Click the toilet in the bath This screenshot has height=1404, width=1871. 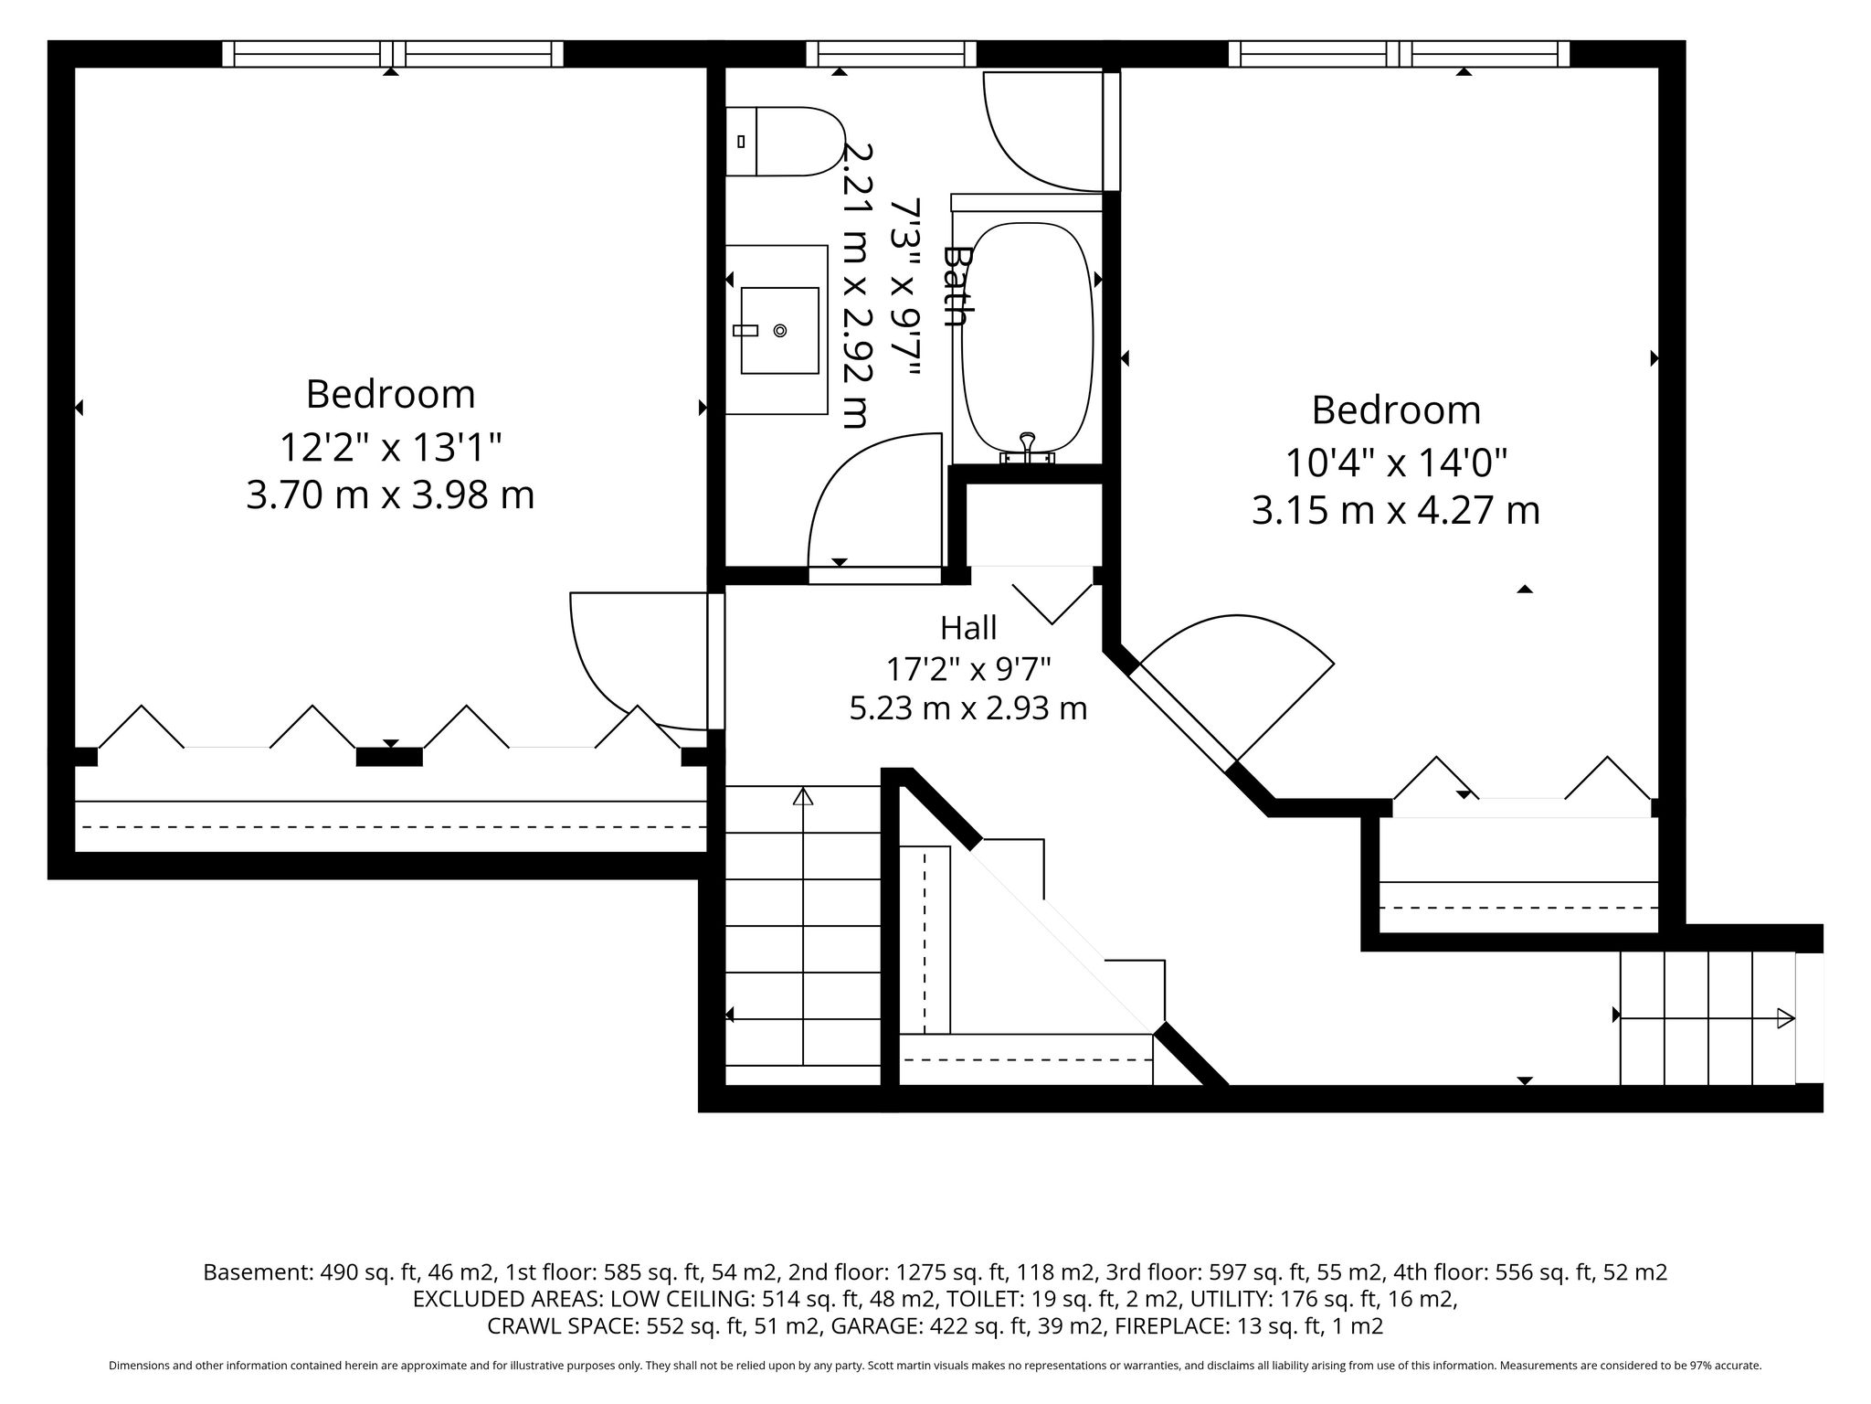(x=784, y=142)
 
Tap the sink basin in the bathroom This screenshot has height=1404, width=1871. (x=779, y=330)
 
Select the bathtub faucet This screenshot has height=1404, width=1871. (x=1028, y=449)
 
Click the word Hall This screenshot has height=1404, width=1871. (x=968, y=628)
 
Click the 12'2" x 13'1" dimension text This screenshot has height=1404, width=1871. (x=390, y=448)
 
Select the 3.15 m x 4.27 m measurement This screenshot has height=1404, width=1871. (x=1395, y=510)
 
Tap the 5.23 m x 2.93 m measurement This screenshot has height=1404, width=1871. (x=968, y=708)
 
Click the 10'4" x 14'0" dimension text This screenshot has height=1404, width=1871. (x=1395, y=463)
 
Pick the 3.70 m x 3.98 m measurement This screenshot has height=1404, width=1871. (x=390, y=495)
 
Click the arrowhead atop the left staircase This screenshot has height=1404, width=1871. (x=803, y=796)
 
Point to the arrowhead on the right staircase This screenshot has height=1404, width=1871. (x=1785, y=1017)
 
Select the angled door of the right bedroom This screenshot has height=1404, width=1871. (x=1184, y=718)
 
